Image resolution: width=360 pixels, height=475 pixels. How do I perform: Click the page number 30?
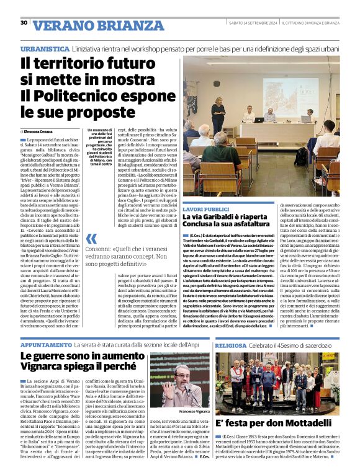(23, 22)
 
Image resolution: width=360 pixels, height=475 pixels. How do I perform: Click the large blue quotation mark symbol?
(92, 238)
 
